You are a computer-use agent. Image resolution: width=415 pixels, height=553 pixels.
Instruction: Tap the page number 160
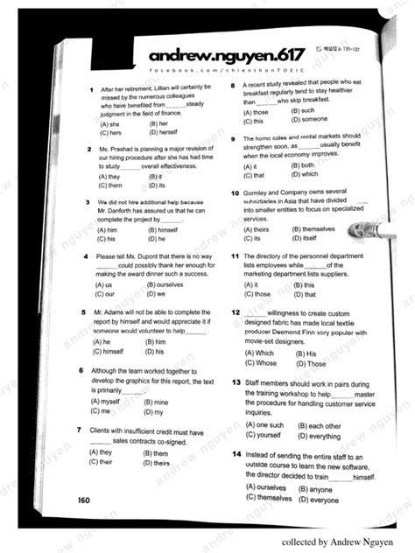click(x=83, y=500)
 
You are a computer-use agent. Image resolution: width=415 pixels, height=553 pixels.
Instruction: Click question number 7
click(x=81, y=430)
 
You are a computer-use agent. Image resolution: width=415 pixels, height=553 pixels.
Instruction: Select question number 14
click(x=236, y=455)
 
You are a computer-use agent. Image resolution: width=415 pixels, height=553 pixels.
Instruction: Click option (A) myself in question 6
click(x=104, y=402)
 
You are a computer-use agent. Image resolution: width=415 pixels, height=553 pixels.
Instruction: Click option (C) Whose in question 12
click(x=261, y=363)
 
